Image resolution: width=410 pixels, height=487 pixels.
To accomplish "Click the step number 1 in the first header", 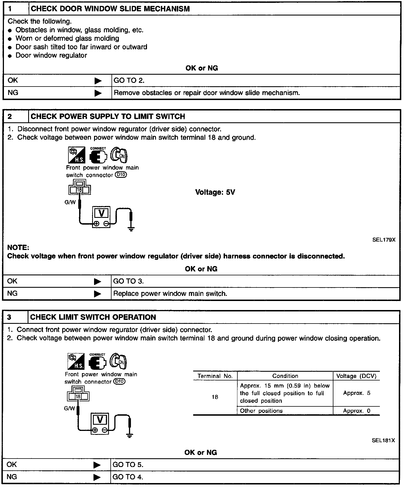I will click(10, 9).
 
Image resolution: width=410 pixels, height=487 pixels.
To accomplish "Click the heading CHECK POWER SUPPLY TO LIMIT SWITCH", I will click(108, 116).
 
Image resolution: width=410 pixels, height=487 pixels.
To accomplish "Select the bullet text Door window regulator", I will click(51, 56).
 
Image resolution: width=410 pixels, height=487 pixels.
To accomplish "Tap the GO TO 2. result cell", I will click(129, 81).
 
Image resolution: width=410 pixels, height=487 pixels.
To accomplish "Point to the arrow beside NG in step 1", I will click(98, 93).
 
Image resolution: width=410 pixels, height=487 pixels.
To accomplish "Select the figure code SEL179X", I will click(384, 240).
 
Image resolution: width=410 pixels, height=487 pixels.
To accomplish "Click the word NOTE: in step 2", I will click(18, 248).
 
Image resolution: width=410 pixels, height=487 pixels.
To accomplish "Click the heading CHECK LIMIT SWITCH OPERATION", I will click(93, 317).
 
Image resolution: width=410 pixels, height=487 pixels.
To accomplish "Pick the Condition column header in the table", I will click(285, 376).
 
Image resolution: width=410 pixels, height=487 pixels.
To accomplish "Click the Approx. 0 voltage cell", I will click(356, 411).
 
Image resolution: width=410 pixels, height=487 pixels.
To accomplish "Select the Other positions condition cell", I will click(261, 411).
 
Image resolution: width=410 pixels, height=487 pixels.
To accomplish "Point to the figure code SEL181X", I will click(383, 440).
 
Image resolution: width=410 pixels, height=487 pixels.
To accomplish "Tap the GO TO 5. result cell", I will click(128, 465).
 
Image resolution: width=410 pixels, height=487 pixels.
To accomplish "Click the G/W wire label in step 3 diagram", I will click(70, 408).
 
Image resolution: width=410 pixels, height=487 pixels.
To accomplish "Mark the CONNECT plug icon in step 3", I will click(97, 362).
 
